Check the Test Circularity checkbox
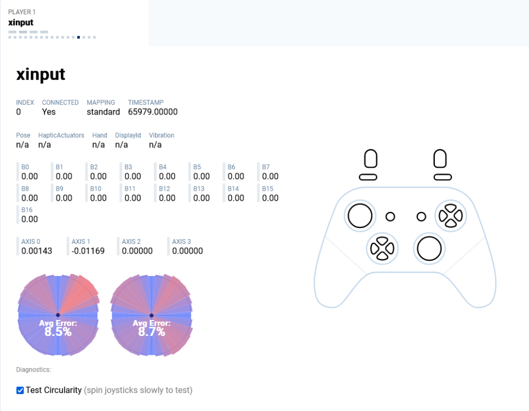click(20, 390)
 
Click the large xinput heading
click(41, 75)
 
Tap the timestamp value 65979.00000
click(153, 112)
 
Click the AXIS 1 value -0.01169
click(88, 251)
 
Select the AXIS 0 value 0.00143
click(37, 251)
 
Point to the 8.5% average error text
click(58, 332)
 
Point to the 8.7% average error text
click(152, 332)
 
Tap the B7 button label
click(266, 167)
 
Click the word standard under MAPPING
click(103, 112)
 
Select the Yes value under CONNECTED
click(49, 112)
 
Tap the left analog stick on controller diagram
click(360, 216)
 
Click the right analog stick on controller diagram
click(429, 249)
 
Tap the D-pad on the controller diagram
click(382, 249)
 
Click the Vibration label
click(162, 135)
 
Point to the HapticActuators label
click(61, 135)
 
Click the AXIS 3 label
click(182, 242)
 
